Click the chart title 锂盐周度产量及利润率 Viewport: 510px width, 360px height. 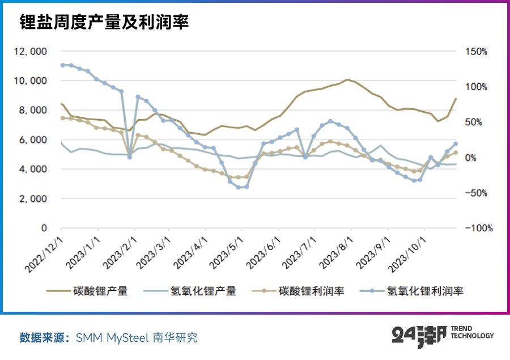click(104, 22)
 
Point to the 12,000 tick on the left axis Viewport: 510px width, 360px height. click(31, 52)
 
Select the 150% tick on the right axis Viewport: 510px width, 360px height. click(476, 52)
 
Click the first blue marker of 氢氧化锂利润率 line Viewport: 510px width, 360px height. click(62, 65)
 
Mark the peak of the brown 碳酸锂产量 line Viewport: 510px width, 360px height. click(347, 80)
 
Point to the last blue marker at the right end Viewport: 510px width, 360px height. click(456, 143)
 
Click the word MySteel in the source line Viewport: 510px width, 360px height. click(126, 338)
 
